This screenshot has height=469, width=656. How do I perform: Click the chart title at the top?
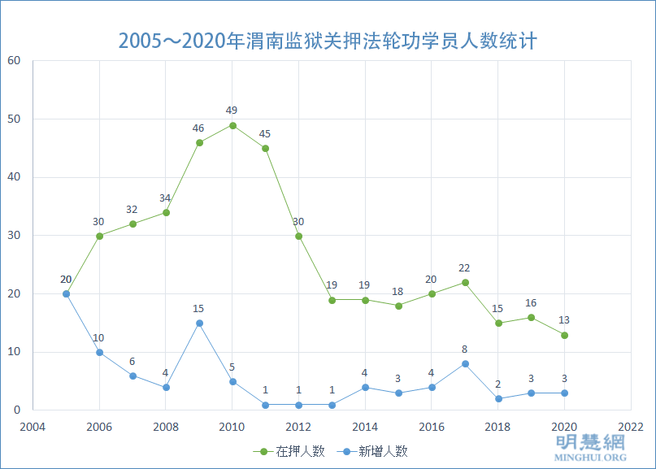tap(328, 41)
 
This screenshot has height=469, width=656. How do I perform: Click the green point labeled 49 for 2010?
tap(232, 125)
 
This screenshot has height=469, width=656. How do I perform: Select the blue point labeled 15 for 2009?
tap(199, 323)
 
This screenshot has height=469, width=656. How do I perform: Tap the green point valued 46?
tap(199, 142)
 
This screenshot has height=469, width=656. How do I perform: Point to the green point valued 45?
tap(265, 148)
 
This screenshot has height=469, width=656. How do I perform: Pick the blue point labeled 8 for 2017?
tap(465, 363)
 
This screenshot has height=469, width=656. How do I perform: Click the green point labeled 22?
tap(465, 282)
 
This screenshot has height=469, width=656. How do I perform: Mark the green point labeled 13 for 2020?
tap(564, 335)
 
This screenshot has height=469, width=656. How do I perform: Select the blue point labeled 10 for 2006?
tap(99, 352)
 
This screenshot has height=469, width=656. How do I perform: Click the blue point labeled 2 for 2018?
tap(498, 398)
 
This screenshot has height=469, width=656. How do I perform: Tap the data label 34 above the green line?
tap(165, 198)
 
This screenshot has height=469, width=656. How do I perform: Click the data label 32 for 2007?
tap(132, 210)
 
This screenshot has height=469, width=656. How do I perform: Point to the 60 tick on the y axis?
tap(14, 61)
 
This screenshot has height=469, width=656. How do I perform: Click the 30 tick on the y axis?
tap(14, 236)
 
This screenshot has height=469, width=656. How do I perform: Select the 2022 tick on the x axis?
tap(631, 426)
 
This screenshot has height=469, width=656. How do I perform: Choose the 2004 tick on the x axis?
tap(33, 426)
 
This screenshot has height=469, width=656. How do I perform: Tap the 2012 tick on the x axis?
tap(298, 426)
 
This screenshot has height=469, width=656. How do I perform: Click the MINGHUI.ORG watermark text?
tap(590, 458)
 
